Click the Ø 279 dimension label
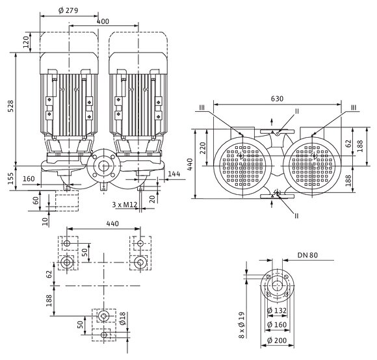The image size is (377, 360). pos(68,10)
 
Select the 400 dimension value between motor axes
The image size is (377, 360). pos(103,21)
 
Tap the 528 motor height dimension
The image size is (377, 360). pos(10,106)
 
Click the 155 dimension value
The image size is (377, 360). pos(10,178)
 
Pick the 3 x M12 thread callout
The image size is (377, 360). pos(125,205)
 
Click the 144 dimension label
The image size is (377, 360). pos(174,174)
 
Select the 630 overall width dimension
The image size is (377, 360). pos(277,99)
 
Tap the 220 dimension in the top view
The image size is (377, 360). pos(203,148)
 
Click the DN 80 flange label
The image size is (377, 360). pos(307,255)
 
